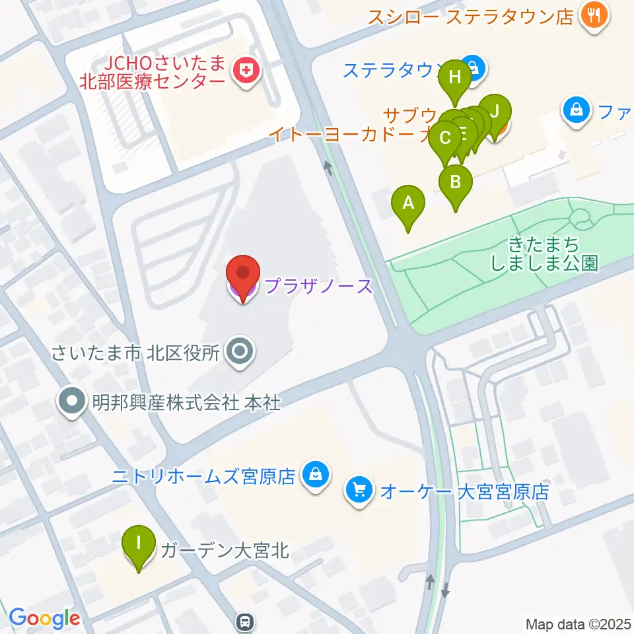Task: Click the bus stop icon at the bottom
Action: click(x=245, y=621)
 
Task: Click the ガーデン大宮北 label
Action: click(x=225, y=549)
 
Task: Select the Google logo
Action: click(x=44, y=618)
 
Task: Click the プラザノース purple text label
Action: click(x=319, y=286)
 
